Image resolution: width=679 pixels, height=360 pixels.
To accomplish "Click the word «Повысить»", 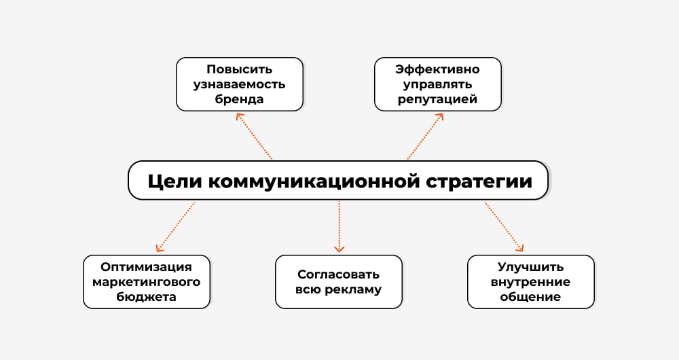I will (x=240, y=69).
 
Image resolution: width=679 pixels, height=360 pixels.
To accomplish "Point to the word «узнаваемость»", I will (x=240, y=84).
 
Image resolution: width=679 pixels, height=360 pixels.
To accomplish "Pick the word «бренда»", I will (x=240, y=99).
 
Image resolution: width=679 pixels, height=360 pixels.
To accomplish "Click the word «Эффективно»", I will (x=438, y=69).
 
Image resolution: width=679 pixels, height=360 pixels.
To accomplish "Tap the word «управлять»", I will (x=438, y=84).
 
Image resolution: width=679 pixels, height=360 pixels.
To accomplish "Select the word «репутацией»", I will (x=438, y=99).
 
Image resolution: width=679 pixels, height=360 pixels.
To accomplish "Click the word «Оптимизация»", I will (x=147, y=267).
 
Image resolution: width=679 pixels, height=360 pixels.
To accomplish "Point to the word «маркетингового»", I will (x=147, y=282).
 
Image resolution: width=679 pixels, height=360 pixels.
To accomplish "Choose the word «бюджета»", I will (x=147, y=297).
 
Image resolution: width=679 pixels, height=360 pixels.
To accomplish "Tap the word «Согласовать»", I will (x=338, y=274).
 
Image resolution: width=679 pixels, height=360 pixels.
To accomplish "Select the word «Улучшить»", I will (x=530, y=267).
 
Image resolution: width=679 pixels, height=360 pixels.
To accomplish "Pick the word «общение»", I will (x=530, y=297).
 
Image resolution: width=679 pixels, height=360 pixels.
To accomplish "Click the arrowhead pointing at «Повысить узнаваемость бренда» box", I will (x=238, y=116).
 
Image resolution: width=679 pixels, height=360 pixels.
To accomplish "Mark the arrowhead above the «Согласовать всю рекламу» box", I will (x=339, y=249).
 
